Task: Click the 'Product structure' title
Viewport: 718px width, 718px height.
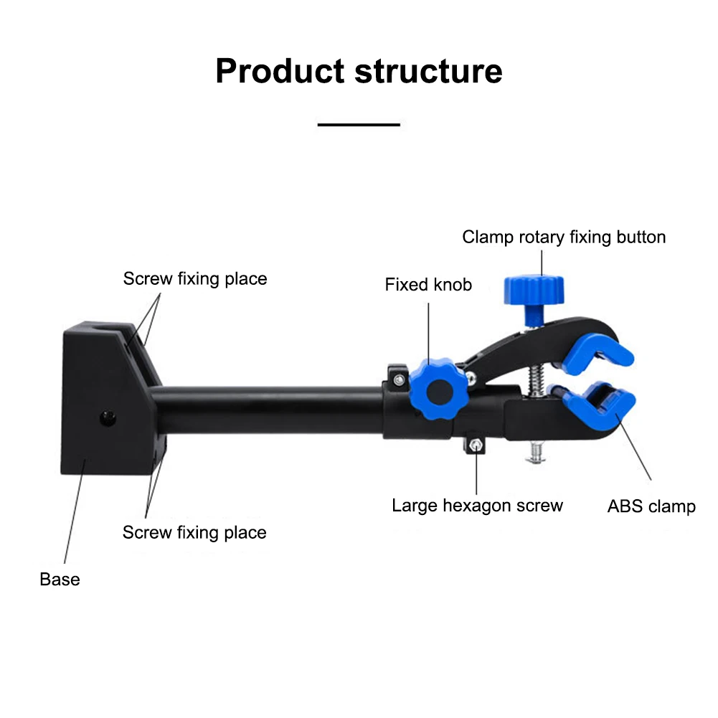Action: (359, 72)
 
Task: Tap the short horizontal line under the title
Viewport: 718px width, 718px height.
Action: (359, 125)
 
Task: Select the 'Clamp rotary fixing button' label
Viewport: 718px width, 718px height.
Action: (564, 237)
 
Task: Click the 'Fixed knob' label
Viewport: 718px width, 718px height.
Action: (428, 285)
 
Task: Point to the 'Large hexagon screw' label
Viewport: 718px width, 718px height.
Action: (477, 506)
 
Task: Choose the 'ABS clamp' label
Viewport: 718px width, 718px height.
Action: (651, 506)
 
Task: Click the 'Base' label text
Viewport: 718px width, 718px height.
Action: (60, 579)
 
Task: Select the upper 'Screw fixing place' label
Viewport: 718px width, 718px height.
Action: (194, 279)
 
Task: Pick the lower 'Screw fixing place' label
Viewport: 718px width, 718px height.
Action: (194, 532)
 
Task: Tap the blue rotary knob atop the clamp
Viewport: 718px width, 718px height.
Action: (534, 290)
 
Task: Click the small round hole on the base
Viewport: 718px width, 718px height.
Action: (108, 417)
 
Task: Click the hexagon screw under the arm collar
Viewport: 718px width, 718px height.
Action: (475, 446)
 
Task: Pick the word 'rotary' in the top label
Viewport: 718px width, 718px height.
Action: (542, 237)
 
